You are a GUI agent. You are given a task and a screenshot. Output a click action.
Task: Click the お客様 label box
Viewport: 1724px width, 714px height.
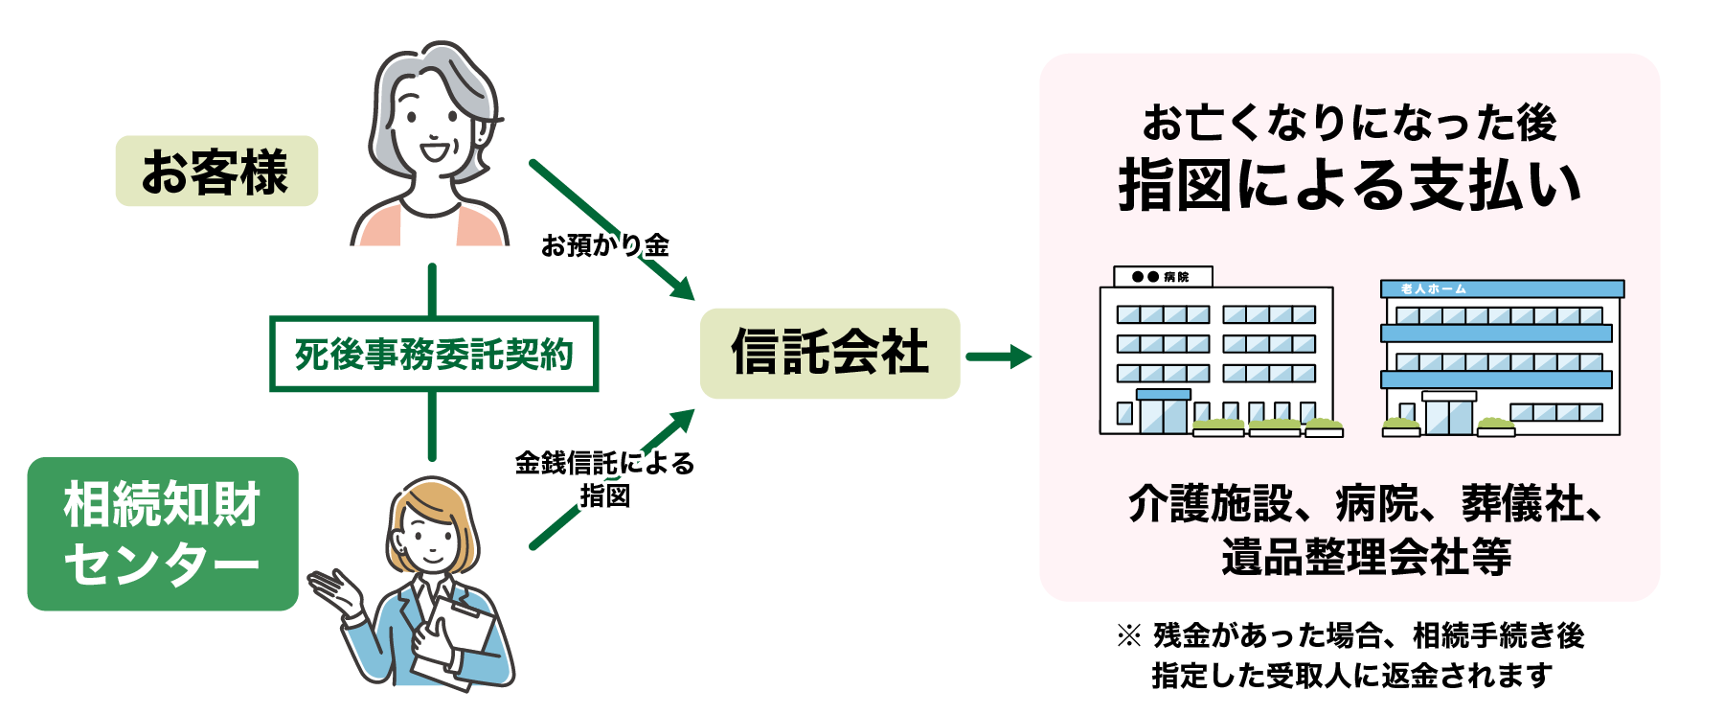pyautogui.click(x=216, y=172)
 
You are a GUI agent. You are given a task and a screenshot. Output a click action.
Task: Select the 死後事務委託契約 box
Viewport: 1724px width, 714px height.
pyautogui.click(x=434, y=355)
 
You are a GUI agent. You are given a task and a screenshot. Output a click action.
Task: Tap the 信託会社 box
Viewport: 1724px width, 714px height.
pyautogui.click(x=829, y=353)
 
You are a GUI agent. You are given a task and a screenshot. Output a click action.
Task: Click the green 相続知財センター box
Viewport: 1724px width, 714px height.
pyautogui.click(x=163, y=534)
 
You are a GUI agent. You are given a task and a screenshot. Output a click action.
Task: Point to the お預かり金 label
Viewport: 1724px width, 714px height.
pyautogui.click(x=604, y=245)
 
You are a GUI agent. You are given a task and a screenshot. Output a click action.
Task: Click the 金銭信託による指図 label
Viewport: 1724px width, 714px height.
pyautogui.click(x=604, y=478)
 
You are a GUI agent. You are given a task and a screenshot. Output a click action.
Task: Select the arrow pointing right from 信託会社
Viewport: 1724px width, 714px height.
pyautogui.click(x=998, y=357)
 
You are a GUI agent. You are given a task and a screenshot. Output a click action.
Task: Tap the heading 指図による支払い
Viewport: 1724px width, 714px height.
pyautogui.click(x=1349, y=185)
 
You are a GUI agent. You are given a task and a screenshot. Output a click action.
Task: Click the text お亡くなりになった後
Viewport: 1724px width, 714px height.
pyautogui.click(x=1349, y=123)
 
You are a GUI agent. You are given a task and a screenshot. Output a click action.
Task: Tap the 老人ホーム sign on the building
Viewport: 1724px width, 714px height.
pyautogui.click(x=1433, y=288)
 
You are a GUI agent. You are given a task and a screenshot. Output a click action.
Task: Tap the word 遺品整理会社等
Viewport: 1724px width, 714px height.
pyautogui.click(x=1366, y=557)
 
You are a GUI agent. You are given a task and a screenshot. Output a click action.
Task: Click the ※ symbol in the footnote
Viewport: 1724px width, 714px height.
pyautogui.click(x=1129, y=635)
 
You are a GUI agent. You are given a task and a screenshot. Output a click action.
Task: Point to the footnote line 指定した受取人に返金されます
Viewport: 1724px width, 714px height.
pyautogui.click(x=1351, y=675)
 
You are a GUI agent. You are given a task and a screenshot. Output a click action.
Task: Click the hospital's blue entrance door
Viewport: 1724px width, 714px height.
pyautogui.click(x=1163, y=413)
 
